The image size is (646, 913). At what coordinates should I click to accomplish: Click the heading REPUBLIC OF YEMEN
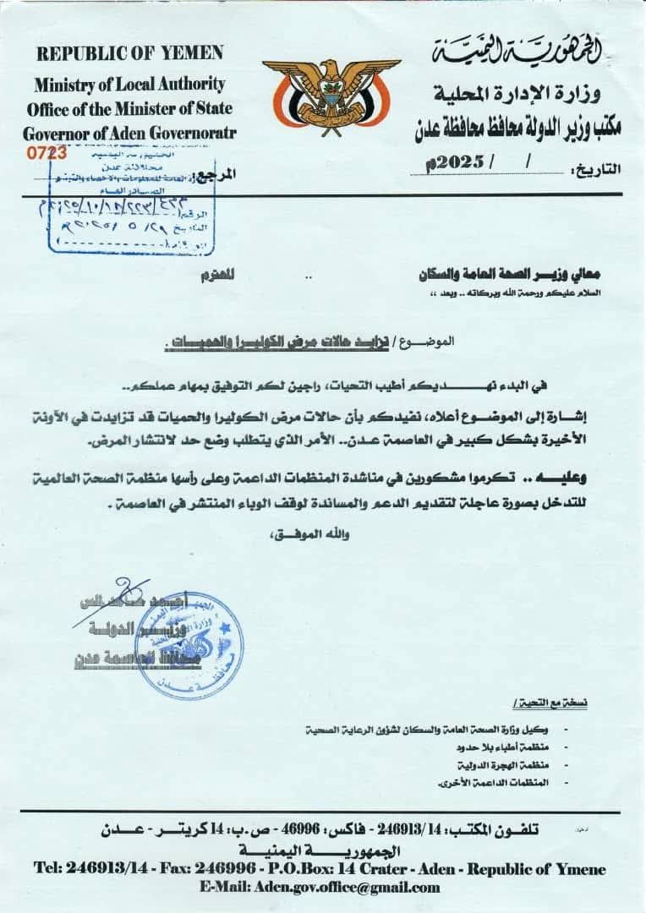[x=130, y=53]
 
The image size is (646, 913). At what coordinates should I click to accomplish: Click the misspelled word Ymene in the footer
[x=584, y=868]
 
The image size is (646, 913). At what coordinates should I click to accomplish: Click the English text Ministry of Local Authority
[x=129, y=85]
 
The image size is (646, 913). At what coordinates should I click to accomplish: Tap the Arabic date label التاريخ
[x=599, y=168]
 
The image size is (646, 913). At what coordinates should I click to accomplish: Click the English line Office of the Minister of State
[x=129, y=109]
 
